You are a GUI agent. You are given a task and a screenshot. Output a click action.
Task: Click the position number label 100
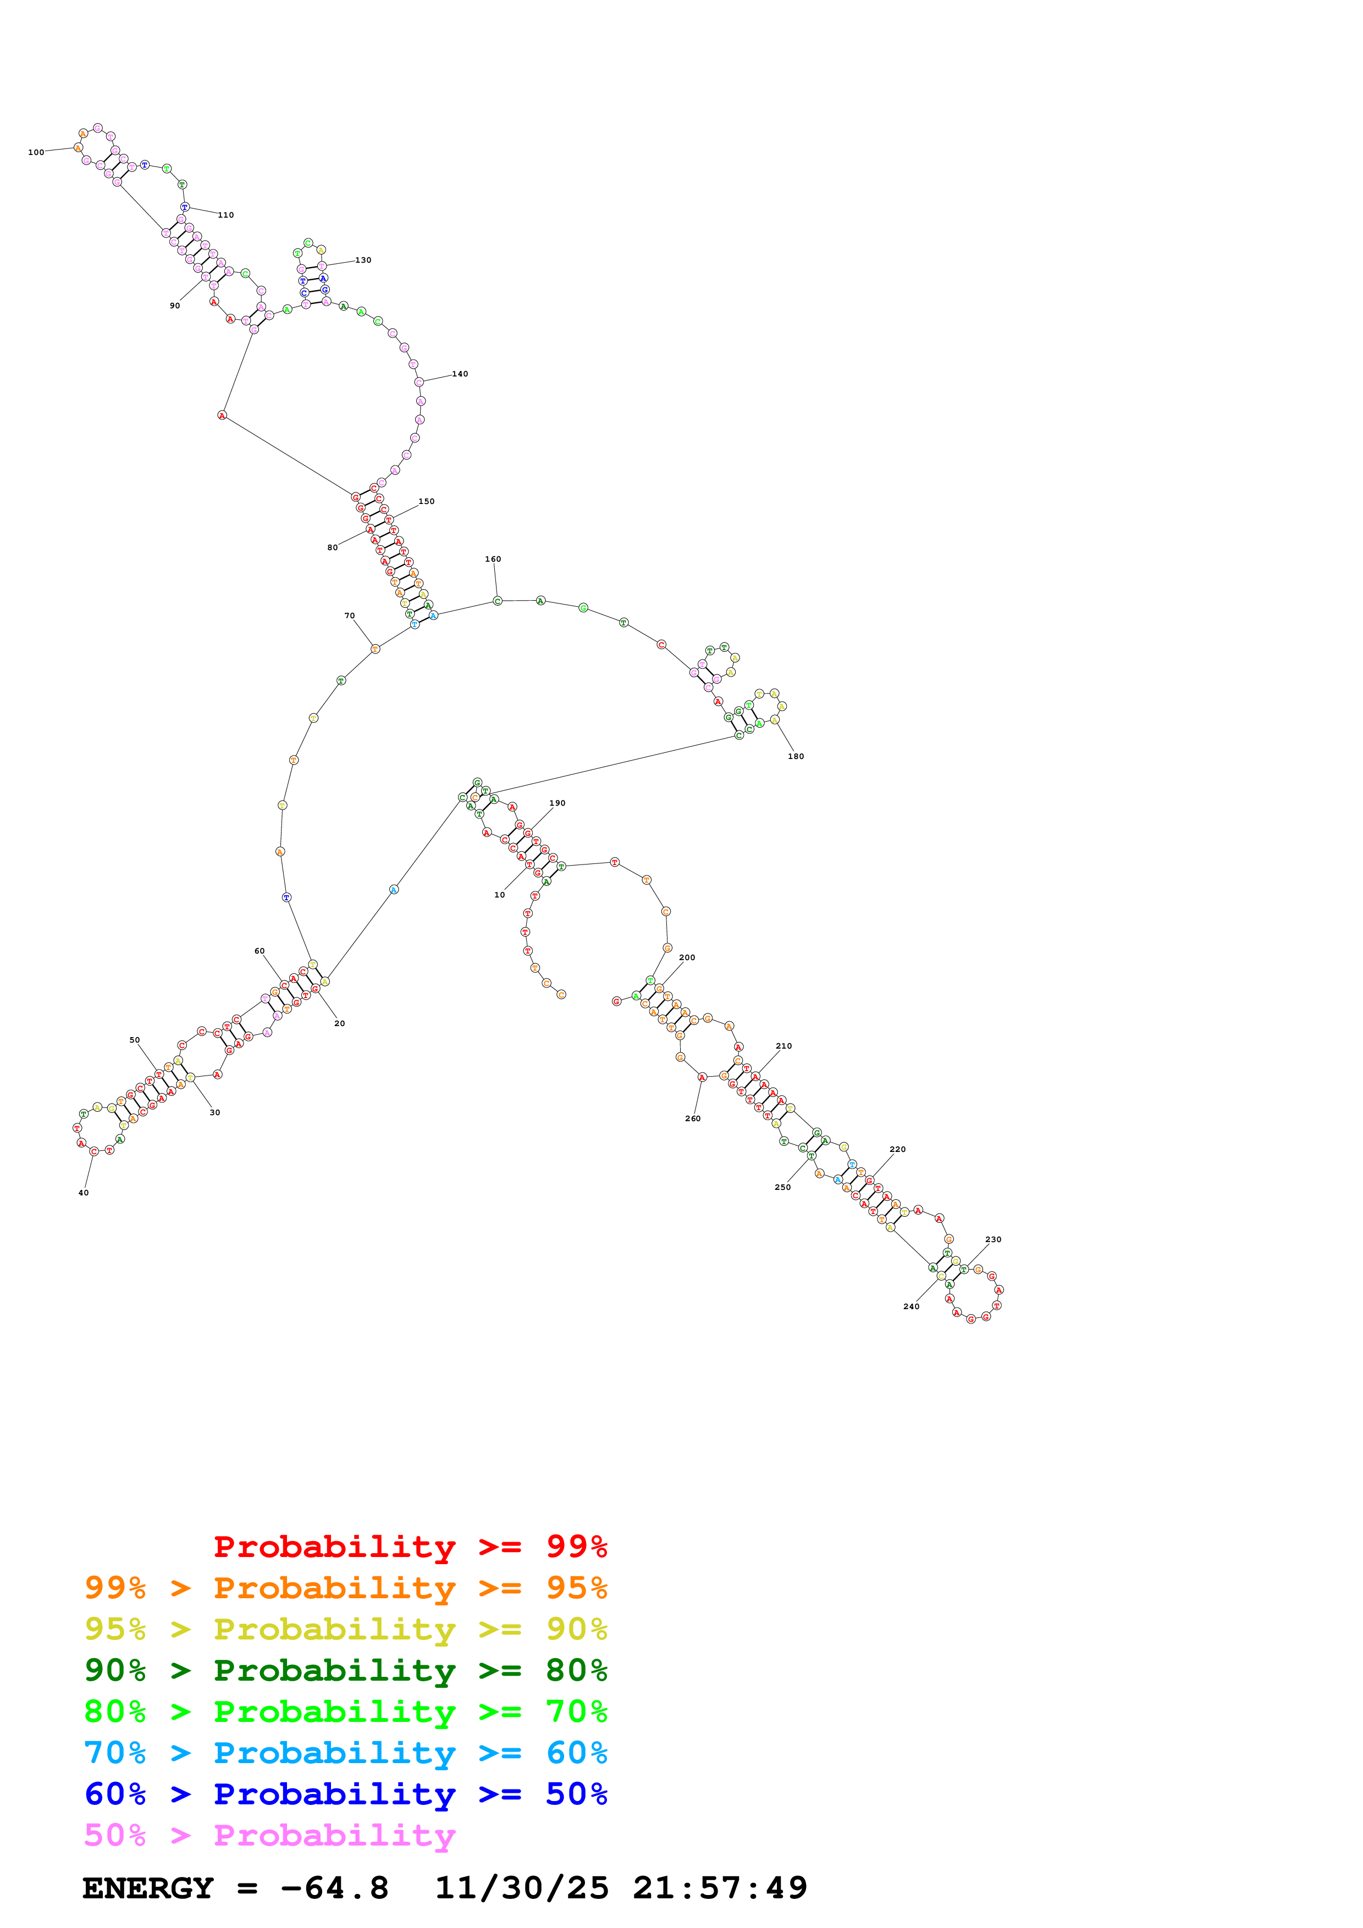click(36, 153)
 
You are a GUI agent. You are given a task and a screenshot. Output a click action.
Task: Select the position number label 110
click(226, 215)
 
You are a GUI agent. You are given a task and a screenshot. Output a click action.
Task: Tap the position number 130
click(363, 261)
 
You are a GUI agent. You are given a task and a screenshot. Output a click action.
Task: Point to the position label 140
click(460, 374)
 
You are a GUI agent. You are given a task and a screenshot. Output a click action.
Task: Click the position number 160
click(493, 559)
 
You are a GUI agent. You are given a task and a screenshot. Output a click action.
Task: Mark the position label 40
click(83, 1193)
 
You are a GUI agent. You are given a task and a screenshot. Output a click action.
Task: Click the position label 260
click(693, 1118)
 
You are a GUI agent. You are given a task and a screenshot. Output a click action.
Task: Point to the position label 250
click(783, 1187)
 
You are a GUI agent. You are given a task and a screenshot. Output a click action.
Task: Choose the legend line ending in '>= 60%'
click(345, 1753)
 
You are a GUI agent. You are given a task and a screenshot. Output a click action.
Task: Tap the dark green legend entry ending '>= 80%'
click(345, 1670)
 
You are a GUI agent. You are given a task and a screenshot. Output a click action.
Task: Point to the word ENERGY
click(148, 1888)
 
